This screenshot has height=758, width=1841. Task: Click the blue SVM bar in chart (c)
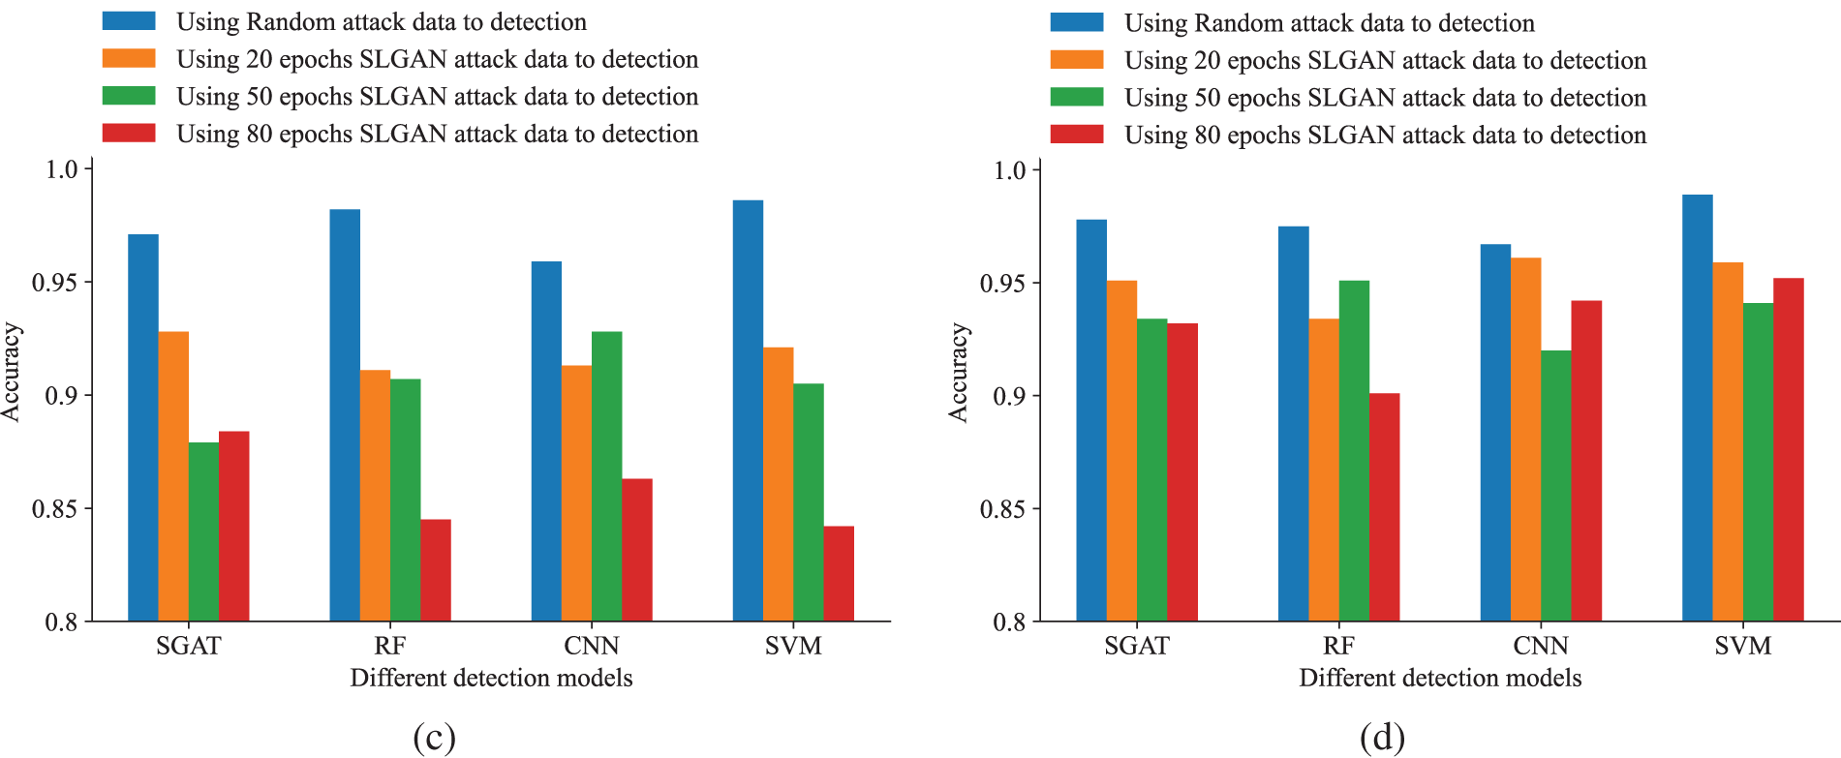click(748, 410)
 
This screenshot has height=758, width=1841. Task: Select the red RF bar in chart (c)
click(436, 570)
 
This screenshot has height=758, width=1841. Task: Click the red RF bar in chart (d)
click(1384, 507)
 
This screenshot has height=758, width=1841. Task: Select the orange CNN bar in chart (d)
click(1525, 440)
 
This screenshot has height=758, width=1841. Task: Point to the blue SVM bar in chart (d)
click(1697, 408)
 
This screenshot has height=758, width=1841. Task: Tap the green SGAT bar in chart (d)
click(1151, 470)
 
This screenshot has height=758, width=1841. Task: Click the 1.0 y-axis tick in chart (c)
click(61, 169)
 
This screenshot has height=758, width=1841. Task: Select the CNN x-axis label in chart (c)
click(592, 646)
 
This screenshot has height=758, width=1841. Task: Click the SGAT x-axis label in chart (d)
click(1137, 646)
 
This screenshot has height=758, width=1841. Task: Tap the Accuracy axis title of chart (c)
click(12, 373)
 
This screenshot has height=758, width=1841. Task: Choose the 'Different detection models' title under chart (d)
click(1440, 678)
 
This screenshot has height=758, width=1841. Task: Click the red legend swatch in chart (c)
click(129, 134)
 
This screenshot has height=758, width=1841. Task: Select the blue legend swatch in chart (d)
click(1077, 22)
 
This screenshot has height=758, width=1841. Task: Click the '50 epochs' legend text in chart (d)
click(1385, 98)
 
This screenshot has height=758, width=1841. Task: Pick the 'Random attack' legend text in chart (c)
click(382, 22)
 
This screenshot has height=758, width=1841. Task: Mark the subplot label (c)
click(434, 738)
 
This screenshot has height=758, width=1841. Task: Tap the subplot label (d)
click(1382, 738)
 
